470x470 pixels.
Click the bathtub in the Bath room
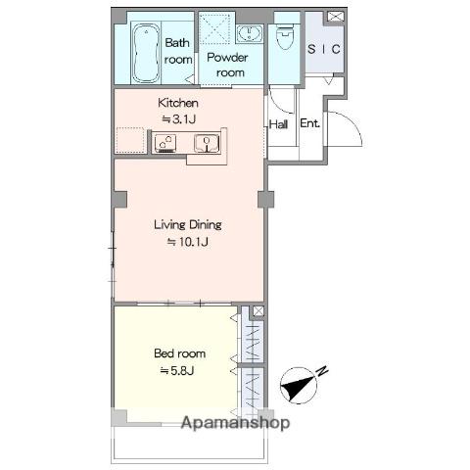[x=146, y=53]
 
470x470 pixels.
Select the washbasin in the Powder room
[x=249, y=33]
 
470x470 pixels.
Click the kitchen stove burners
[x=165, y=143]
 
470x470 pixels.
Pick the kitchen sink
[x=207, y=143]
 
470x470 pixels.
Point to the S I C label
[x=324, y=49]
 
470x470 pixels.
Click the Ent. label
[x=309, y=123]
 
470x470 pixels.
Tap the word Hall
[x=278, y=124]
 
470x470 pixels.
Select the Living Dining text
[x=188, y=224]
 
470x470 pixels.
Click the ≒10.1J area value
[x=188, y=242]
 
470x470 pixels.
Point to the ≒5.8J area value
[x=177, y=370]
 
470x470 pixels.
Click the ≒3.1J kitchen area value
[x=179, y=119]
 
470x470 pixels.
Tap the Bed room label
[x=180, y=353]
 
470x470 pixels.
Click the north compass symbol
[x=299, y=386]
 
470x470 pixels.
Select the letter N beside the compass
[x=322, y=371]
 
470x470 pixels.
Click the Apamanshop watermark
[x=235, y=423]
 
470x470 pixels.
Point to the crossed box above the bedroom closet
[x=258, y=311]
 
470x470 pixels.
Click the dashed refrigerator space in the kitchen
[x=130, y=140]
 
